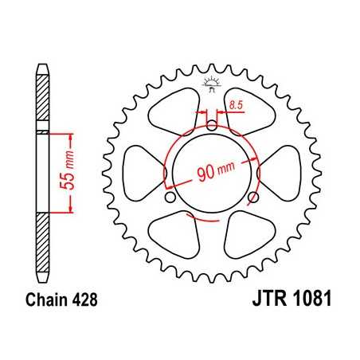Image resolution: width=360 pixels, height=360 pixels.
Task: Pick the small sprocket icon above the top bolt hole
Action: click(211, 81)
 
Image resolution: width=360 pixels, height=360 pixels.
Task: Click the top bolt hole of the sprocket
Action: click(211, 124)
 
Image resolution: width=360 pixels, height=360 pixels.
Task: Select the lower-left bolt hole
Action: click(170, 197)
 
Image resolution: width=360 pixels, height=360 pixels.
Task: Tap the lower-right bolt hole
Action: click(253, 197)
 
